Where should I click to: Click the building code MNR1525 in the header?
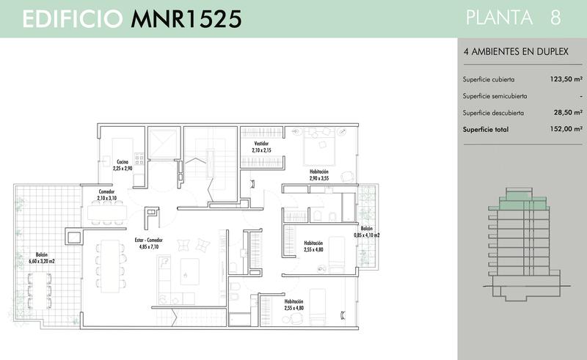[x=186, y=19]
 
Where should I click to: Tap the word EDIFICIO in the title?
[x=73, y=19]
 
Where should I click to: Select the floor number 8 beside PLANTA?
[x=555, y=18]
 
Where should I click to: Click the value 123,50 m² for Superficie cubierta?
[x=566, y=79]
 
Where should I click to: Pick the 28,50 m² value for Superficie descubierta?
[x=568, y=112]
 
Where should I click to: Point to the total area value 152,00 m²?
[x=566, y=129]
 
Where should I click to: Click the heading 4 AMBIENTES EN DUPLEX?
[x=516, y=51]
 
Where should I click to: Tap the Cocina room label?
[x=123, y=161]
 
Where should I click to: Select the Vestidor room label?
[x=261, y=143]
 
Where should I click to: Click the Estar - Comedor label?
[x=149, y=240]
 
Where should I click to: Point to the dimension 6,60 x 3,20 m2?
[x=42, y=261]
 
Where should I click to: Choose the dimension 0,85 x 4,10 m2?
[x=366, y=235]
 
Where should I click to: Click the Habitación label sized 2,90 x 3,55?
[x=319, y=172]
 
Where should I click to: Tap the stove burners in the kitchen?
[x=139, y=160]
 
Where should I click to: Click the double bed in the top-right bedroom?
[x=319, y=147]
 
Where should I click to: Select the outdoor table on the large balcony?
[x=39, y=291]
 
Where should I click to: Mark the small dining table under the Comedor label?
[x=107, y=213]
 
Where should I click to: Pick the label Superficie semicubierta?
[x=495, y=96]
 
